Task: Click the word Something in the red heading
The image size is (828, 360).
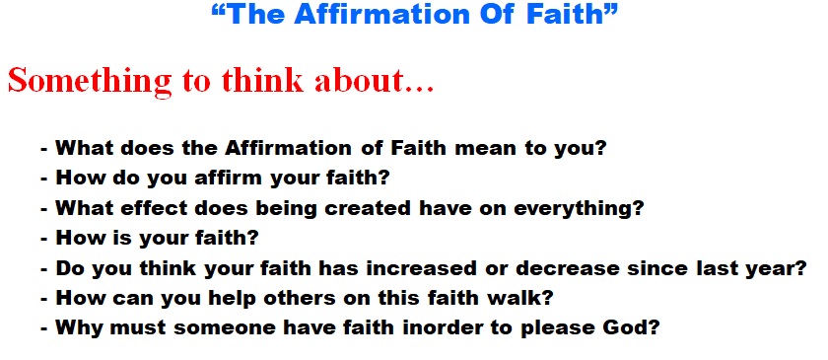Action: click(90, 81)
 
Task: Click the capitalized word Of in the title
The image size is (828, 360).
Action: click(498, 14)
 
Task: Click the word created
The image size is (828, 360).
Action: click(367, 208)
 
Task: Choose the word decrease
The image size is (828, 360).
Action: click(567, 268)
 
